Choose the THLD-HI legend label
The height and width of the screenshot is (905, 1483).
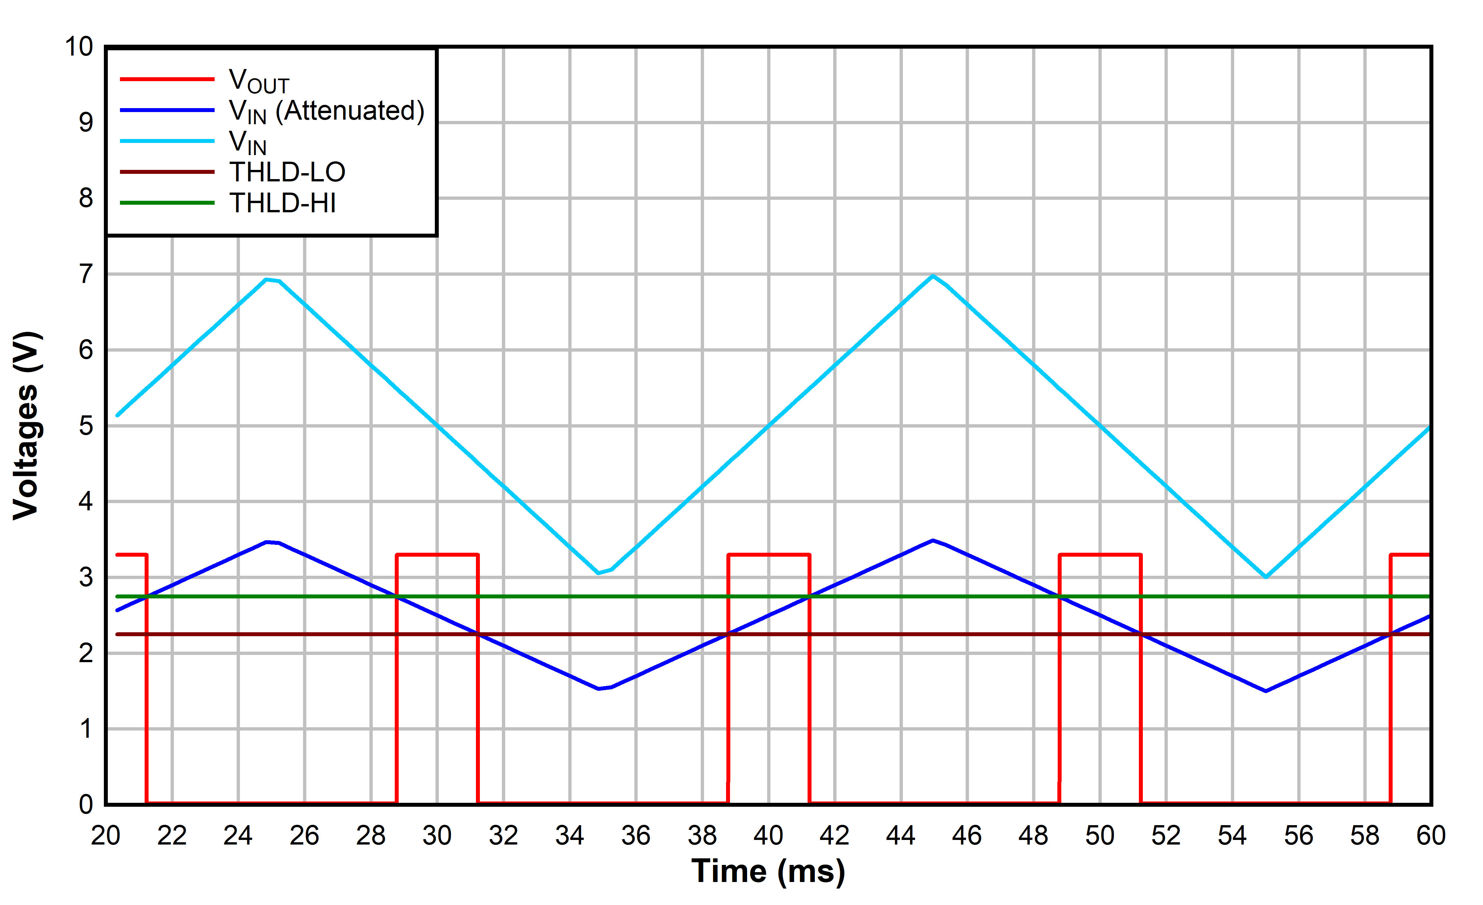click(x=282, y=203)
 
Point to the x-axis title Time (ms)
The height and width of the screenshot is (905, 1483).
click(x=768, y=871)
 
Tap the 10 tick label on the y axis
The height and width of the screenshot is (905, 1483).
click(x=79, y=47)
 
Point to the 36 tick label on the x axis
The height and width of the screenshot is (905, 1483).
click(x=636, y=836)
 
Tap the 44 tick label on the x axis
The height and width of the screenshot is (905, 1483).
click(x=900, y=836)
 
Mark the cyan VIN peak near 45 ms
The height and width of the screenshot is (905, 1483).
click(x=933, y=276)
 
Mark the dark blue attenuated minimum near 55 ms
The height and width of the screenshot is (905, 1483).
click(x=1266, y=691)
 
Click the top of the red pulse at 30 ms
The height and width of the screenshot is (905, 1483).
click(x=437, y=555)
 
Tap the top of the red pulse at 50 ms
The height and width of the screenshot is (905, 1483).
click(x=1100, y=555)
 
